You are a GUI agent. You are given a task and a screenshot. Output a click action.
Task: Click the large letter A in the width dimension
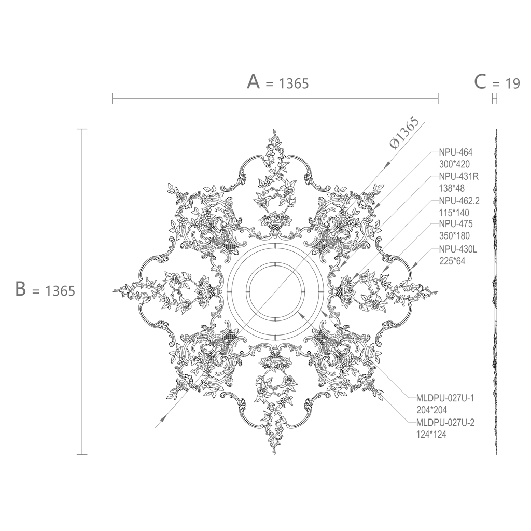[x=253, y=82]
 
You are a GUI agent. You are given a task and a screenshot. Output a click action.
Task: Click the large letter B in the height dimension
[x=21, y=289]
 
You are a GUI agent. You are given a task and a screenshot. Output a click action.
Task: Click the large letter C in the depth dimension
[x=480, y=82]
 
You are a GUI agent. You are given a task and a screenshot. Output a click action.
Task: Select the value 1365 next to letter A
[x=294, y=83]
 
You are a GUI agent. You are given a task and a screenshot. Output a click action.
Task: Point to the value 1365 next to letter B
[x=60, y=291]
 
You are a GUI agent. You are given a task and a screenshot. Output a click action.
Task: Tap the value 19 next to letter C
[x=512, y=83]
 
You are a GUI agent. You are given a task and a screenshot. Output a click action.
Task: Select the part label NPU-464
[x=455, y=152]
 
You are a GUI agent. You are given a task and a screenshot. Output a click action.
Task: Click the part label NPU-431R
[x=459, y=176]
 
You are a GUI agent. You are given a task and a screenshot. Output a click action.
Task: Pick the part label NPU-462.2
[x=459, y=201]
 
